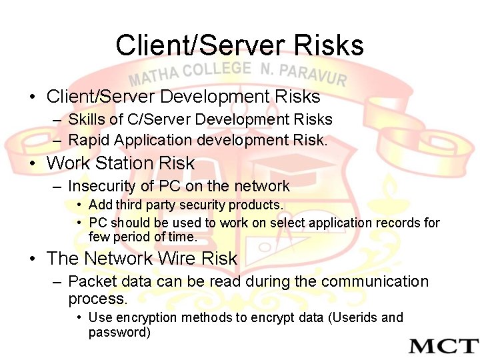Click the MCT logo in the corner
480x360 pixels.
(x=443, y=346)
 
